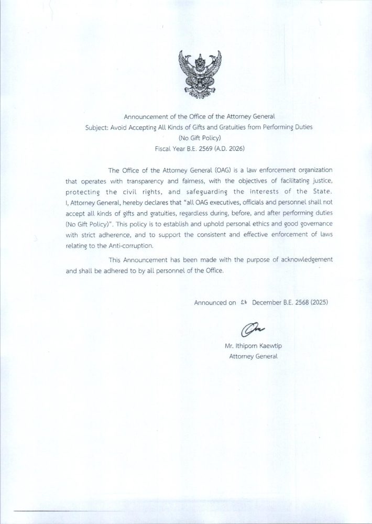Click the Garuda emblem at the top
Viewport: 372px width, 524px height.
coord(200,73)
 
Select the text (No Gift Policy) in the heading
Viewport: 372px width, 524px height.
coord(200,138)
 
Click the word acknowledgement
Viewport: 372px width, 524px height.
coord(307,259)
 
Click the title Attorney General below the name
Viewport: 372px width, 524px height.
coord(253,356)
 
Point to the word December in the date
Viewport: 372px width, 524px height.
coord(267,302)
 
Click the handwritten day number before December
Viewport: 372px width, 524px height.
coord(243,302)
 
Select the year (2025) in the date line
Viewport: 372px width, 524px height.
coord(319,302)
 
